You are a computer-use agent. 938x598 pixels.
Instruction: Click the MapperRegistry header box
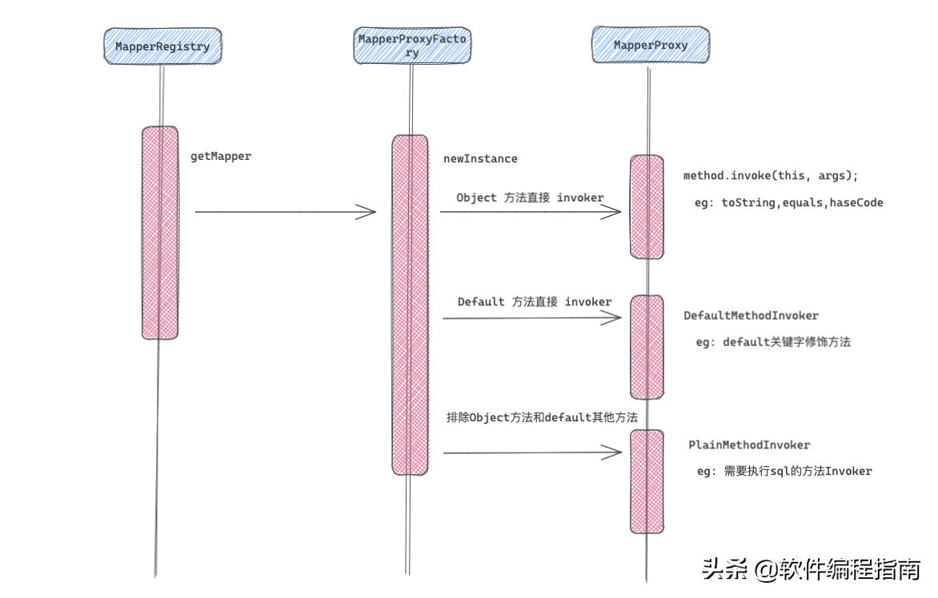[x=162, y=46]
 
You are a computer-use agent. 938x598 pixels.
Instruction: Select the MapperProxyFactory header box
[x=411, y=46]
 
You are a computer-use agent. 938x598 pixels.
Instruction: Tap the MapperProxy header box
[x=650, y=46]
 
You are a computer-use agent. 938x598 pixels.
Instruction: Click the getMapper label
[x=221, y=157]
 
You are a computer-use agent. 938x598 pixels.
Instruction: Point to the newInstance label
[x=480, y=159]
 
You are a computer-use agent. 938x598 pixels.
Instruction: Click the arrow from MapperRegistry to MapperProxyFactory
[x=285, y=212]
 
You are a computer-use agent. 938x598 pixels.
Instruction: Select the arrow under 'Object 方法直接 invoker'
[x=531, y=212]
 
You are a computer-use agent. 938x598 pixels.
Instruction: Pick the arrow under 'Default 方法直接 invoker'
[x=532, y=317]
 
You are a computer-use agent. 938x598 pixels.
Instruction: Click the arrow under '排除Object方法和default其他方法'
[x=532, y=452]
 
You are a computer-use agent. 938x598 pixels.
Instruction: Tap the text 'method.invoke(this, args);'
[x=770, y=175]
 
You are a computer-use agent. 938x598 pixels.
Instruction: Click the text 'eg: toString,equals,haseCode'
[x=788, y=203]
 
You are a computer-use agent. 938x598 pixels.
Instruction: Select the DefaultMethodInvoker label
[x=751, y=316]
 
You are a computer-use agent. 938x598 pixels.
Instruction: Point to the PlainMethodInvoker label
[x=749, y=445]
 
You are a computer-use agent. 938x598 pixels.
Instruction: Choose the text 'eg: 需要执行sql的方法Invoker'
[x=784, y=471]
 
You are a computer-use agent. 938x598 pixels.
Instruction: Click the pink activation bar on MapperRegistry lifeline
[x=160, y=233]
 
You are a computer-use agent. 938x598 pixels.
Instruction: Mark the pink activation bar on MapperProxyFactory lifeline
[x=411, y=305]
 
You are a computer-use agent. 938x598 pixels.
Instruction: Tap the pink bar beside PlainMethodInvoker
[x=647, y=481]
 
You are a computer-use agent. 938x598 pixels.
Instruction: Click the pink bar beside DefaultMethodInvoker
[x=647, y=347]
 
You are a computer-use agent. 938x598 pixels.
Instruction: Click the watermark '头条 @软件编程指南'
[x=811, y=569]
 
